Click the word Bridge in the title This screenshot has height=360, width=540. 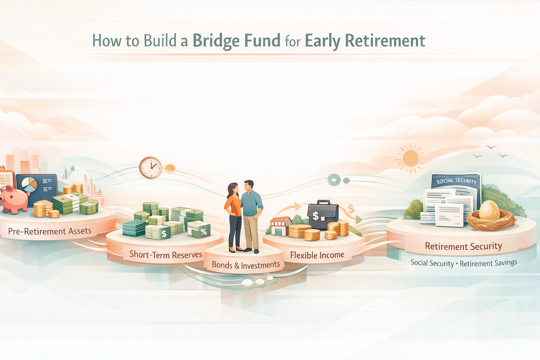pyautogui.click(x=216, y=41)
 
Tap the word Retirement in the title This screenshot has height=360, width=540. pyautogui.click(x=385, y=40)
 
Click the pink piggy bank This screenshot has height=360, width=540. pyautogui.click(x=14, y=199)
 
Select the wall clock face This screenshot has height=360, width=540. pyautogui.click(x=151, y=168)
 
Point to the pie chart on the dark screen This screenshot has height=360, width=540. pyautogui.click(x=29, y=185)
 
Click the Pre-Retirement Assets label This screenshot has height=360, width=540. pyautogui.click(x=50, y=231)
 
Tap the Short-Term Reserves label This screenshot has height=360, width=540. pyautogui.click(x=166, y=254)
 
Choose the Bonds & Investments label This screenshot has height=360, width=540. pyautogui.click(x=246, y=265)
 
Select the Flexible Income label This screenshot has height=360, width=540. pyautogui.click(x=317, y=255)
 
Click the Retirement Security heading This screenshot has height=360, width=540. pyautogui.click(x=463, y=246)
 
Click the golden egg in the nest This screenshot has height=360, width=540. pyautogui.click(x=489, y=210)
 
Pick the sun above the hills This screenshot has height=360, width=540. pyautogui.click(x=411, y=159)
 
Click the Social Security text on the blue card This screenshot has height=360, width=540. pyautogui.click(x=456, y=181)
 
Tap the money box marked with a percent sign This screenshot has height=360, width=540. pyautogui.click(x=199, y=229)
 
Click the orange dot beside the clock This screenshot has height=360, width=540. pyautogui.click(x=170, y=169)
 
